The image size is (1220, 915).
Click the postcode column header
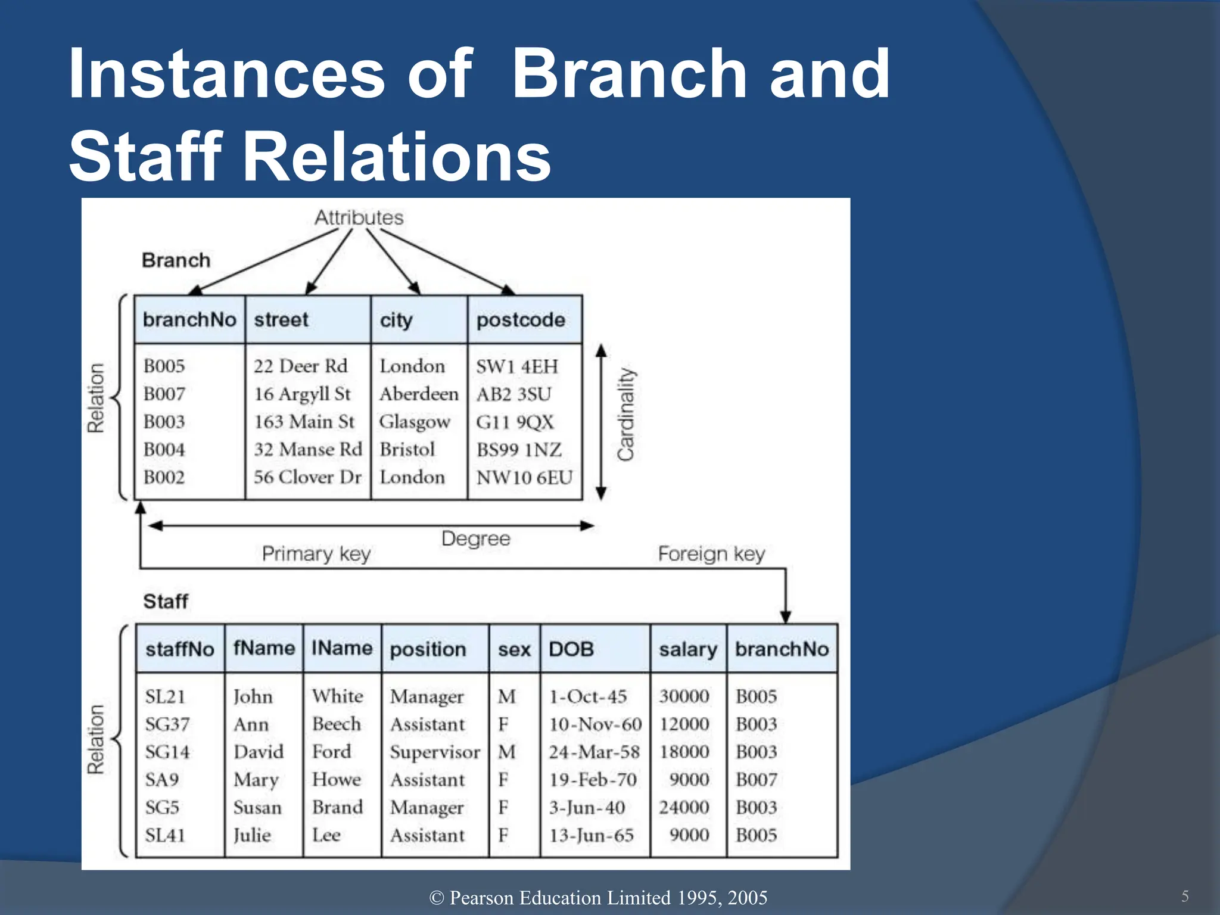pyautogui.click(x=521, y=320)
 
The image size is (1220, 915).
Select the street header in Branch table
pyautogui.click(x=281, y=320)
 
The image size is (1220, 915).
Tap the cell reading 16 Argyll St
pyautogui.click(x=302, y=394)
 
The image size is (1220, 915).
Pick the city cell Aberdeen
pyautogui.click(x=419, y=394)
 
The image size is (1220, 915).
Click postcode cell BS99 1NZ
pyautogui.click(x=519, y=450)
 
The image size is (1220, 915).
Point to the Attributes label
pyautogui.click(x=359, y=217)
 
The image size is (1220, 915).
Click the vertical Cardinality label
pyautogui.click(x=626, y=415)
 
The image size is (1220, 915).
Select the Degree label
pyautogui.click(x=475, y=539)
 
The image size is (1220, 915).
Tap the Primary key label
pyautogui.click(x=316, y=554)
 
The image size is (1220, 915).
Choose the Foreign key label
pyautogui.click(x=711, y=554)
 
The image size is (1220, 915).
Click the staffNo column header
pyautogui.click(x=179, y=649)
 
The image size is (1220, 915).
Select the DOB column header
pyautogui.click(x=571, y=649)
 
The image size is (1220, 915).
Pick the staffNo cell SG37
pyautogui.click(x=167, y=724)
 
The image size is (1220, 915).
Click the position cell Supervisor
pyautogui.click(x=435, y=752)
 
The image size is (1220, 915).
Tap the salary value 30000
pyautogui.click(x=684, y=696)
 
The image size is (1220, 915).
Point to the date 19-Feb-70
pyautogui.click(x=593, y=780)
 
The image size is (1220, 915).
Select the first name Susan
pyautogui.click(x=257, y=808)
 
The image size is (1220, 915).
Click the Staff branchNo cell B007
pyautogui.click(x=756, y=780)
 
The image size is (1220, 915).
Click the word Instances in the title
pyautogui.click(x=226, y=74)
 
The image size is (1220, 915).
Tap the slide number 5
pyautogui.click(x=1185, y=896)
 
